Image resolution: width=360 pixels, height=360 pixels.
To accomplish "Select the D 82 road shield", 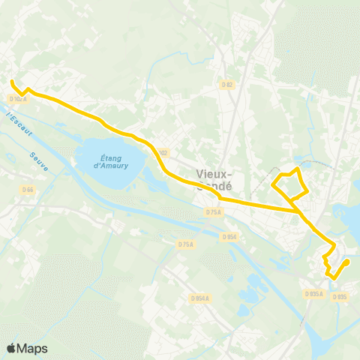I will coord(228,85).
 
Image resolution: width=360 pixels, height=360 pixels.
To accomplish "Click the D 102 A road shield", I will coord(19,98).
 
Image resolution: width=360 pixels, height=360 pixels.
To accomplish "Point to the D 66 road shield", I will coord(28,190).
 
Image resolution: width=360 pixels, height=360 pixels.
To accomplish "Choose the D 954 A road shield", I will coord(199,298).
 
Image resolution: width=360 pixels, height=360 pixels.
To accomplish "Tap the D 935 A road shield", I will coord(314,294).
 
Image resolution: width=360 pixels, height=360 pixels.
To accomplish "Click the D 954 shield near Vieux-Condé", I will coord(229,237).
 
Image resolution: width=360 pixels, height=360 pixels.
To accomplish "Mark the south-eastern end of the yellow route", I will coord(348,261).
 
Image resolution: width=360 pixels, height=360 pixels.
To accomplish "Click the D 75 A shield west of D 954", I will coord(187,244).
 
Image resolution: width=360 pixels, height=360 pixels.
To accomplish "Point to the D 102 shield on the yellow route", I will coord(163,152).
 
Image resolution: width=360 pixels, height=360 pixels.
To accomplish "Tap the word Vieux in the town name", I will coord(210,173).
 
